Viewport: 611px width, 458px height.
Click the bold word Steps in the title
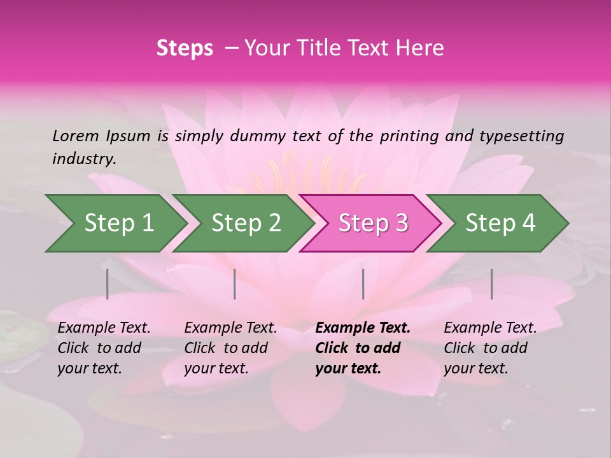click(x=185, y=48)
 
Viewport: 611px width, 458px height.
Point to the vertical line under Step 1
click(x=108, y=284)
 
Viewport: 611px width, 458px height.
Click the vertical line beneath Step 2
click(x=235, y=284)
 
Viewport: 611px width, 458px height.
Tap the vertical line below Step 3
click(x=363, y=284)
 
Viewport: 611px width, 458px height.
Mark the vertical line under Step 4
click(x=491, y=284)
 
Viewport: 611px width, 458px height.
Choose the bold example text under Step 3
click(x=362, y=348)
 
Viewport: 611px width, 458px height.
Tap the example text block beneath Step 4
click(x=489, y=348)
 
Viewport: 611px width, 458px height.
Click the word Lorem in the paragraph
click(x=75, y=135)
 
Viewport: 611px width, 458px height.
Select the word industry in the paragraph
click(x=83, y=159)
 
